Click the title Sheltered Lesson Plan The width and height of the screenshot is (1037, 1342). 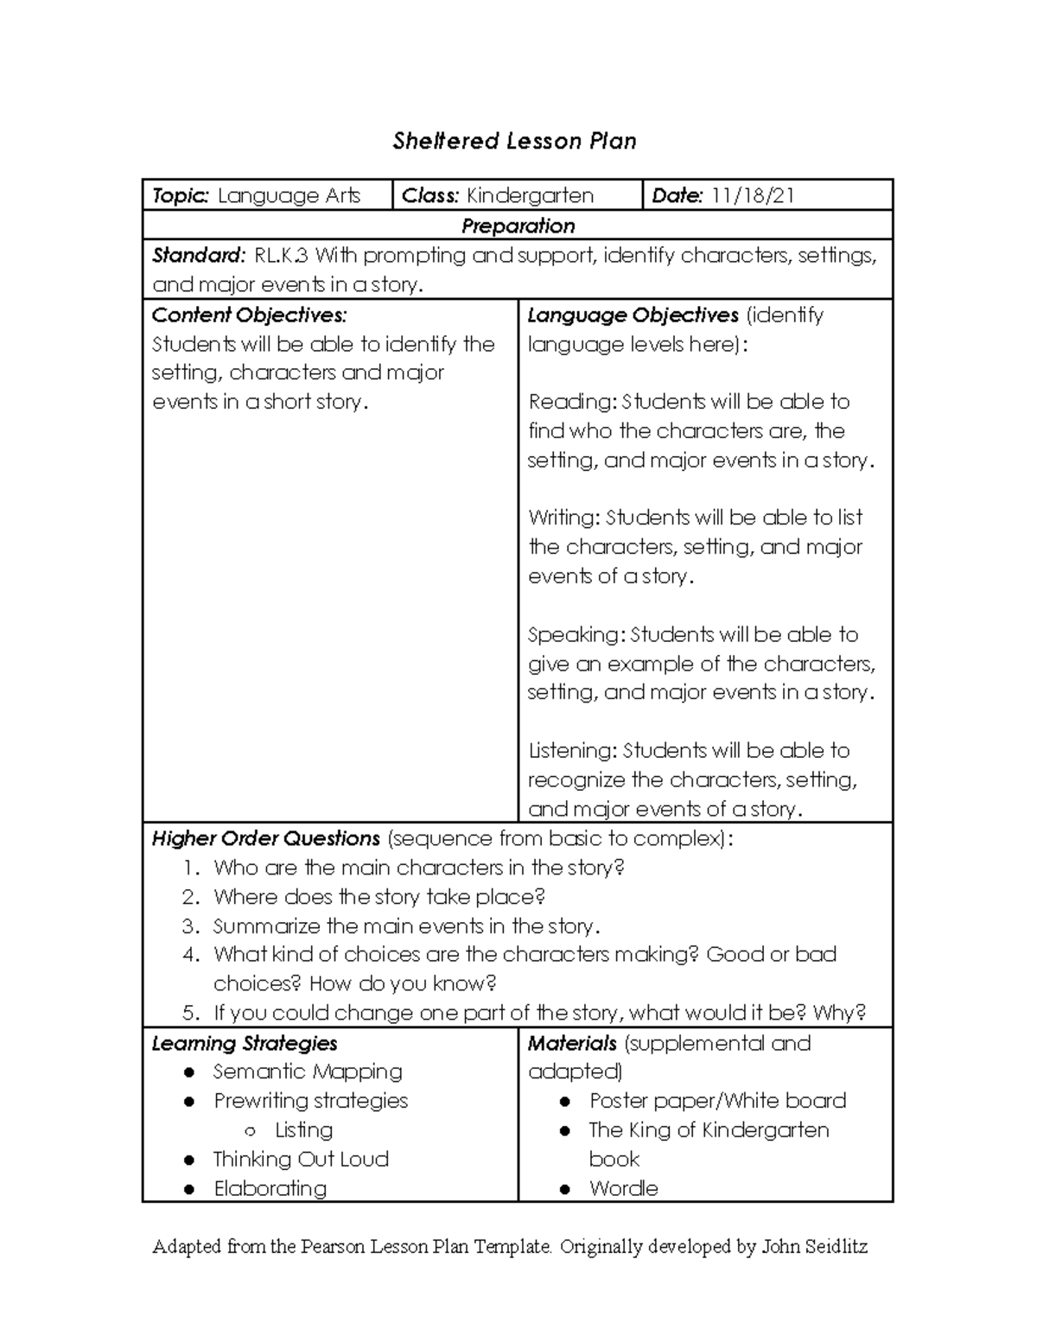point(514,141)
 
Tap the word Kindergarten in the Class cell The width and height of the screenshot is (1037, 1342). point(530,196)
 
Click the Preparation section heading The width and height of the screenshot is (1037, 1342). point(518,226)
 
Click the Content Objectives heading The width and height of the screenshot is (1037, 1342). point(249,315)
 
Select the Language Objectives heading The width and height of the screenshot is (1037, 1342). point(633,315)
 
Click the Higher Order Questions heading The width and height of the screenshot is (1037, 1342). point(265,838)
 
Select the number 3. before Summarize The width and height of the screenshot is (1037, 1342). point(191,926)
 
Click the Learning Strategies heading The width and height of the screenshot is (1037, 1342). point(244,1043)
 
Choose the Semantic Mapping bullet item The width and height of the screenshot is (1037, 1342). point(307,1072)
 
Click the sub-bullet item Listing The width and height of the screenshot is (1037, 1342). point(303,1130)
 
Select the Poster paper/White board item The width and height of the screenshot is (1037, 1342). point(717,1101)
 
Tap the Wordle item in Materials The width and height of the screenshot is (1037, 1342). point(623,1188)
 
